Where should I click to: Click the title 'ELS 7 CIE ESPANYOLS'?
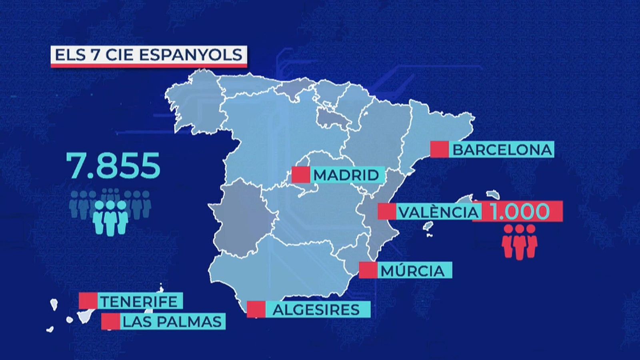pos(148,55)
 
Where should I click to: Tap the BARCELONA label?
pos(502,150)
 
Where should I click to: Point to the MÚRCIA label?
pos(413,271)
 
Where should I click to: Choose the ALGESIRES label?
pos(316,310)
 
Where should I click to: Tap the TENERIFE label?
pos(138,301)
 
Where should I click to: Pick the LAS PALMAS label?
pos(172,322)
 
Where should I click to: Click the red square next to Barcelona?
pos(439,149)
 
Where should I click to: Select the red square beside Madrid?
pos(301,175)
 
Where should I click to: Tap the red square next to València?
pos(387,212)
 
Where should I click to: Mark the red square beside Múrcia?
pos(368,270)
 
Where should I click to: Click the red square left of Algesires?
pos(256,309)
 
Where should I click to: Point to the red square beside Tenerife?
pos(88,301)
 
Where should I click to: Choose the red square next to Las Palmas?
pos(110,321)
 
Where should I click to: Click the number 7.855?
pos(114,166)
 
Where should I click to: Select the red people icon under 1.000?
pos(519,241)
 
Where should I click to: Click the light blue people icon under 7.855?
pos(110,217)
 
